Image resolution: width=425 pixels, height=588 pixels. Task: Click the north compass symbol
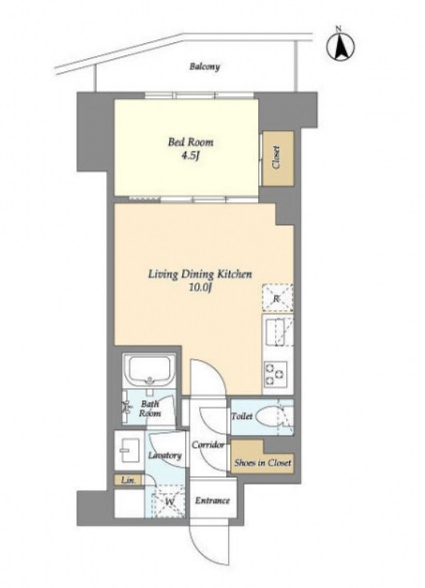click(x=341, y=46)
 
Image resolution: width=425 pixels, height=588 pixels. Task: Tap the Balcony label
click(x=205, y=66)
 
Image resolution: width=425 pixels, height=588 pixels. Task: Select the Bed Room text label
click(x=191, y=142)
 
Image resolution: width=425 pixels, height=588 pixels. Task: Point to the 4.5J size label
click(x=190, y=156)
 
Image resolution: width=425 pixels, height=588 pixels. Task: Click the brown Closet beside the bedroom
click(x=277, y=158)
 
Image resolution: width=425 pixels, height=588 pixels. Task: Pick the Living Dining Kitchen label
click(x=200, y=274)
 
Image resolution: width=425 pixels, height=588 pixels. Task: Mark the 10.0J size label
click(x=201, y=288)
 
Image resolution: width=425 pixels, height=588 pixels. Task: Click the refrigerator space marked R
click(x=278, y=298)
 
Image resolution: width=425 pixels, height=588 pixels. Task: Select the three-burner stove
click(x=276, y=374)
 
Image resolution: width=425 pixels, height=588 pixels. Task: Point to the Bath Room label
click(x=149, y=409)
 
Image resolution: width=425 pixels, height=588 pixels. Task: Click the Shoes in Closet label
click(x=263, y=462)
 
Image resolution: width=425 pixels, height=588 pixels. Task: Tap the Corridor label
click(x=208, y=445)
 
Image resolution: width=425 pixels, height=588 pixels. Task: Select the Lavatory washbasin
click(x=130, y=450)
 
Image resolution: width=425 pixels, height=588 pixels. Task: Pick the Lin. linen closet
click(x=128, y=480)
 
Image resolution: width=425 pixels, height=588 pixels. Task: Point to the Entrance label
click(x=212, y=501)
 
